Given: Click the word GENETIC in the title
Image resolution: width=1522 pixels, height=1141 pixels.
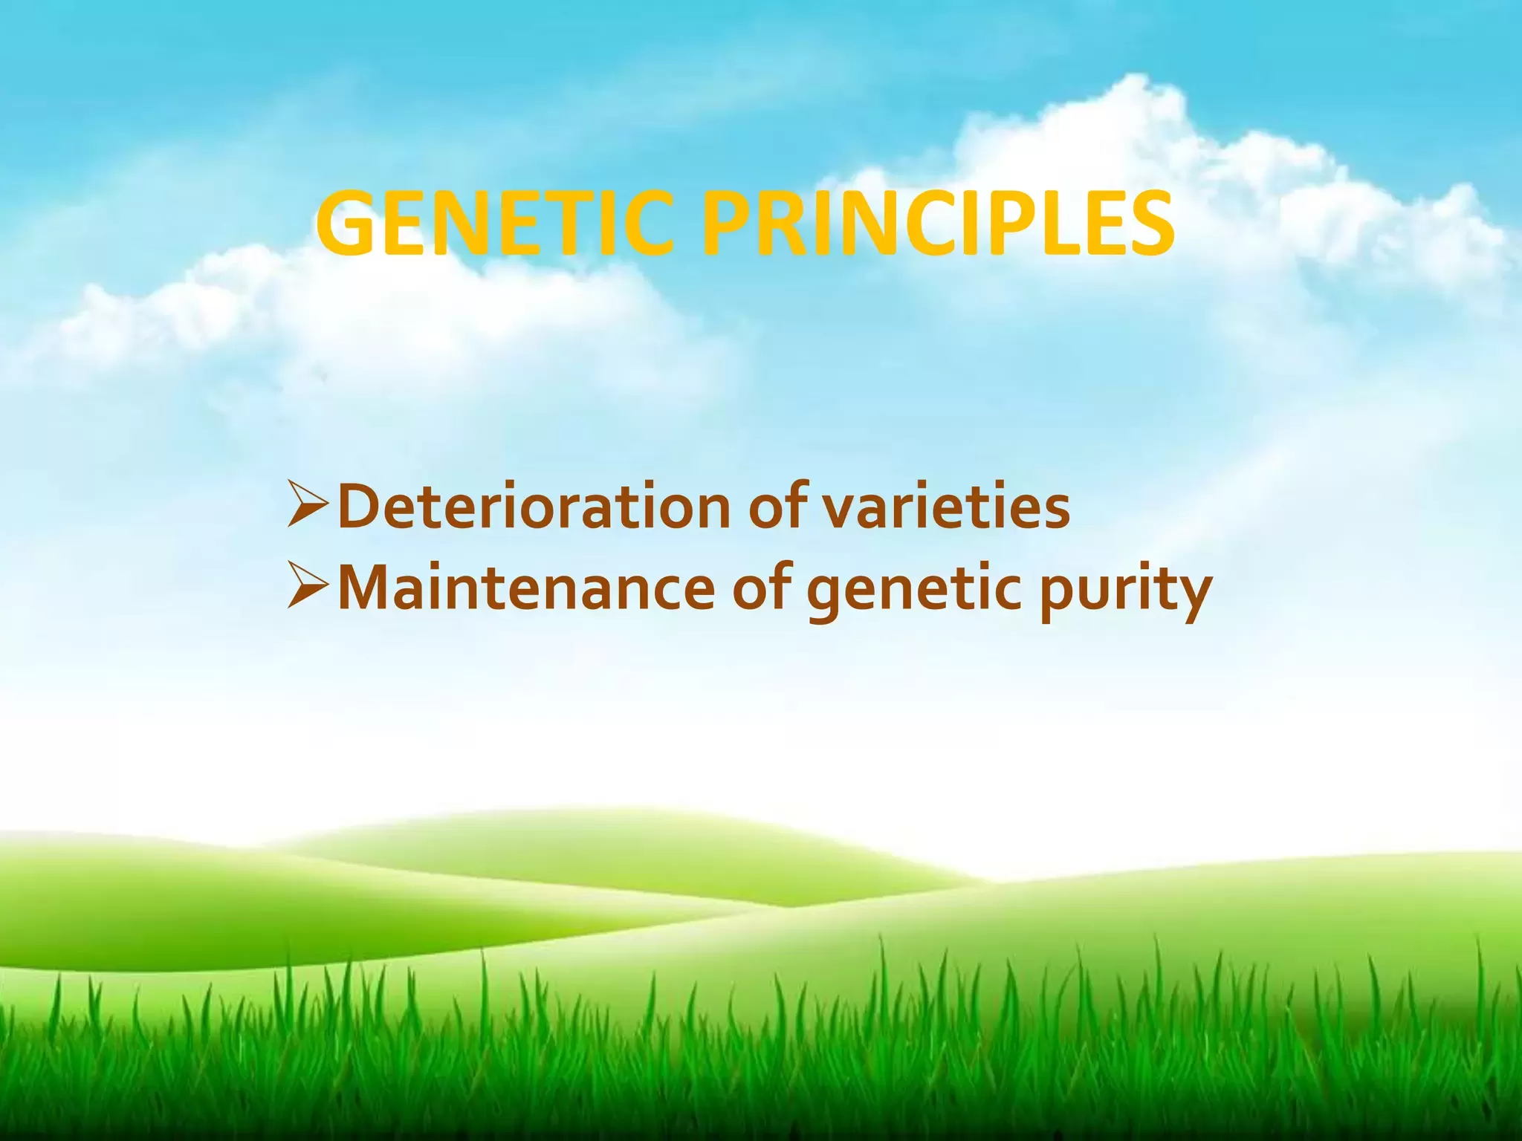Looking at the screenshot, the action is [494, 224].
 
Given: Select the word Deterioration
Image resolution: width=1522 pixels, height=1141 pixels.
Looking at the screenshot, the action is [534, 506].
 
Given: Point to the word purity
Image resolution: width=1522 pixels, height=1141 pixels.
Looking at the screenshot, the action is [1125, 594].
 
